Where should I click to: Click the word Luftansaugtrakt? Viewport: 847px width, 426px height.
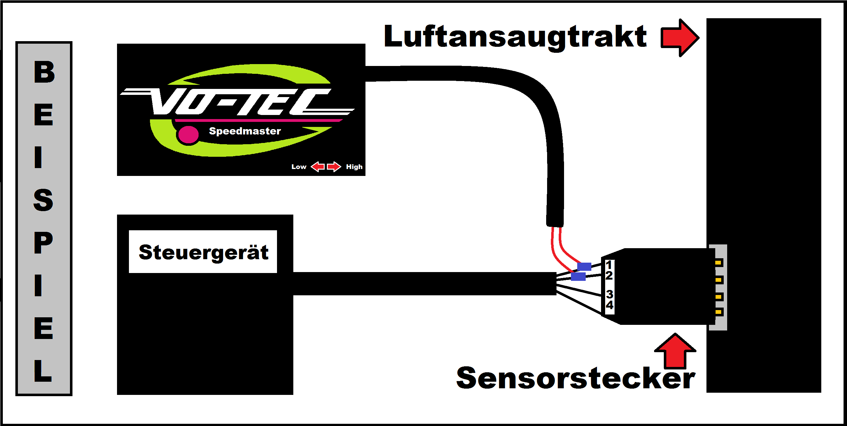(515, 37)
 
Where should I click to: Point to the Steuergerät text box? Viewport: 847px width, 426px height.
(203, 252)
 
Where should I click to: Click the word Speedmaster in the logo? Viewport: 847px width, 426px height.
(245, 131)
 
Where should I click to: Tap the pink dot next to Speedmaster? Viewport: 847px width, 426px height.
(189, 135)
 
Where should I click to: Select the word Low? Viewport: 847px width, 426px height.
(299, 167)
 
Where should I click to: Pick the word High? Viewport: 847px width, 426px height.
(354, 167)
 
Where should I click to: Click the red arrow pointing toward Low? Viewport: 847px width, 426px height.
(317, 167)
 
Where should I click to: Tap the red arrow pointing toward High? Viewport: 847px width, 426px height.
(334, 167)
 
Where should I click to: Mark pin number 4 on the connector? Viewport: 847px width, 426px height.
(610, 305)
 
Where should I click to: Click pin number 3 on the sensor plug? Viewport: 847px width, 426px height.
(610, 294)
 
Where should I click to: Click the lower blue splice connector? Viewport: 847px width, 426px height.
(578, 276)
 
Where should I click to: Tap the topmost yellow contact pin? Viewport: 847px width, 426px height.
(718, 263)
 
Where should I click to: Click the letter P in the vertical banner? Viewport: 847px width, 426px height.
(43, 243)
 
